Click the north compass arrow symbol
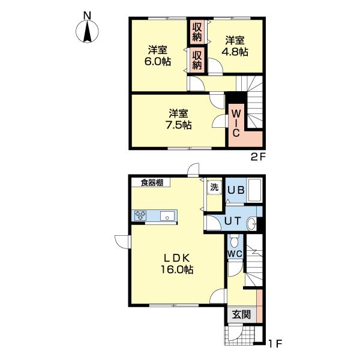[x=87, y=31]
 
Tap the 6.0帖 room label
[x=157, y=56]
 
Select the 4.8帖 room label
[x=235, y=47]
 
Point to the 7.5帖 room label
[x=179, y=119]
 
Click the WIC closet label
[x=236, y=123]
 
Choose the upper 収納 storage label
[x=197, y=32]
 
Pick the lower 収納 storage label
[x=197, y=60]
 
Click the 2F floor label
[x=258, y=157]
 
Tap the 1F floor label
[x=275, y=343]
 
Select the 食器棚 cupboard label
[x=152, y=183]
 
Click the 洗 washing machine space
[x=214, y=187]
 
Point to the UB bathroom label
[x=236, y=190]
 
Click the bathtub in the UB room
[x=255, y=190]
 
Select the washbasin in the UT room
[x=251, y=223]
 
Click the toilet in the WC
[x=235, y=241]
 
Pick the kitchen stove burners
[x=140, y=215]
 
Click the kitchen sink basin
[x=167, y=216]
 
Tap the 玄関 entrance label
[x=241, y=314]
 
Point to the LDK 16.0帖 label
[x=176, y=263]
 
